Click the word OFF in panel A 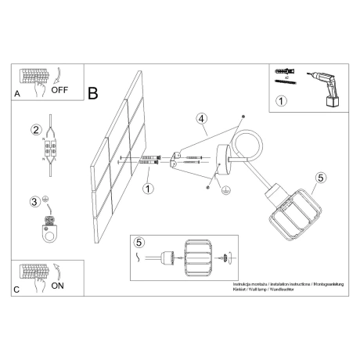click(x=60, y=91)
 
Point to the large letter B click(x=94, y=94)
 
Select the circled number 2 click(x=35, y=129)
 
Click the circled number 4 click(x=201, y=119)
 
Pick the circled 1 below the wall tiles click(x=148, y=188)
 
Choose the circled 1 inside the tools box click(x=281, y=100)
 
